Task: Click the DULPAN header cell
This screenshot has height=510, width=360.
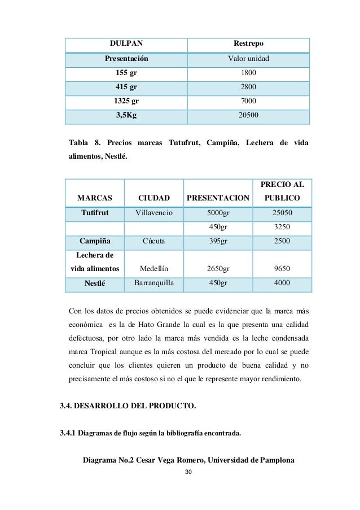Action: click(x=125, y=43)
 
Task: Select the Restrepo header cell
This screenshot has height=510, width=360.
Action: click(x=248, y=43)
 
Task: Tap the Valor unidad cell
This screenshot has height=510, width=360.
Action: click(x=248, y=58)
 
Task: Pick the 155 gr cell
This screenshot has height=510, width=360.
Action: click(x=126, y=73)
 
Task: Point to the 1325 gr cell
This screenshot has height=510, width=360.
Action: click(x=126, y=101)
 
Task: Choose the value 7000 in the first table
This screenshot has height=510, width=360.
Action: click(x=248, y=101)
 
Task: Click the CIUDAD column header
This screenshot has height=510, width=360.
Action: click(x=154, y=198)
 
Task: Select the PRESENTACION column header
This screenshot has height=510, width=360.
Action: click(x=218, y=198)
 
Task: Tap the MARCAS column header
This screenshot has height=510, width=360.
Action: click(x=94, y=198)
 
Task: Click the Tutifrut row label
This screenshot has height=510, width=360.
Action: click(x=94, y=212)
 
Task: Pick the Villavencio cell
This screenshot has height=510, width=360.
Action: click(x=154, y=212)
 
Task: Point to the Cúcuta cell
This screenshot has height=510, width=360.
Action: click(x=153, y=241)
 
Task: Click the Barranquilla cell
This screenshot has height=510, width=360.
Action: click(x=154, y=283)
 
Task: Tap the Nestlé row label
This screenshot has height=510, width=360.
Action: click(x=94, y=284)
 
